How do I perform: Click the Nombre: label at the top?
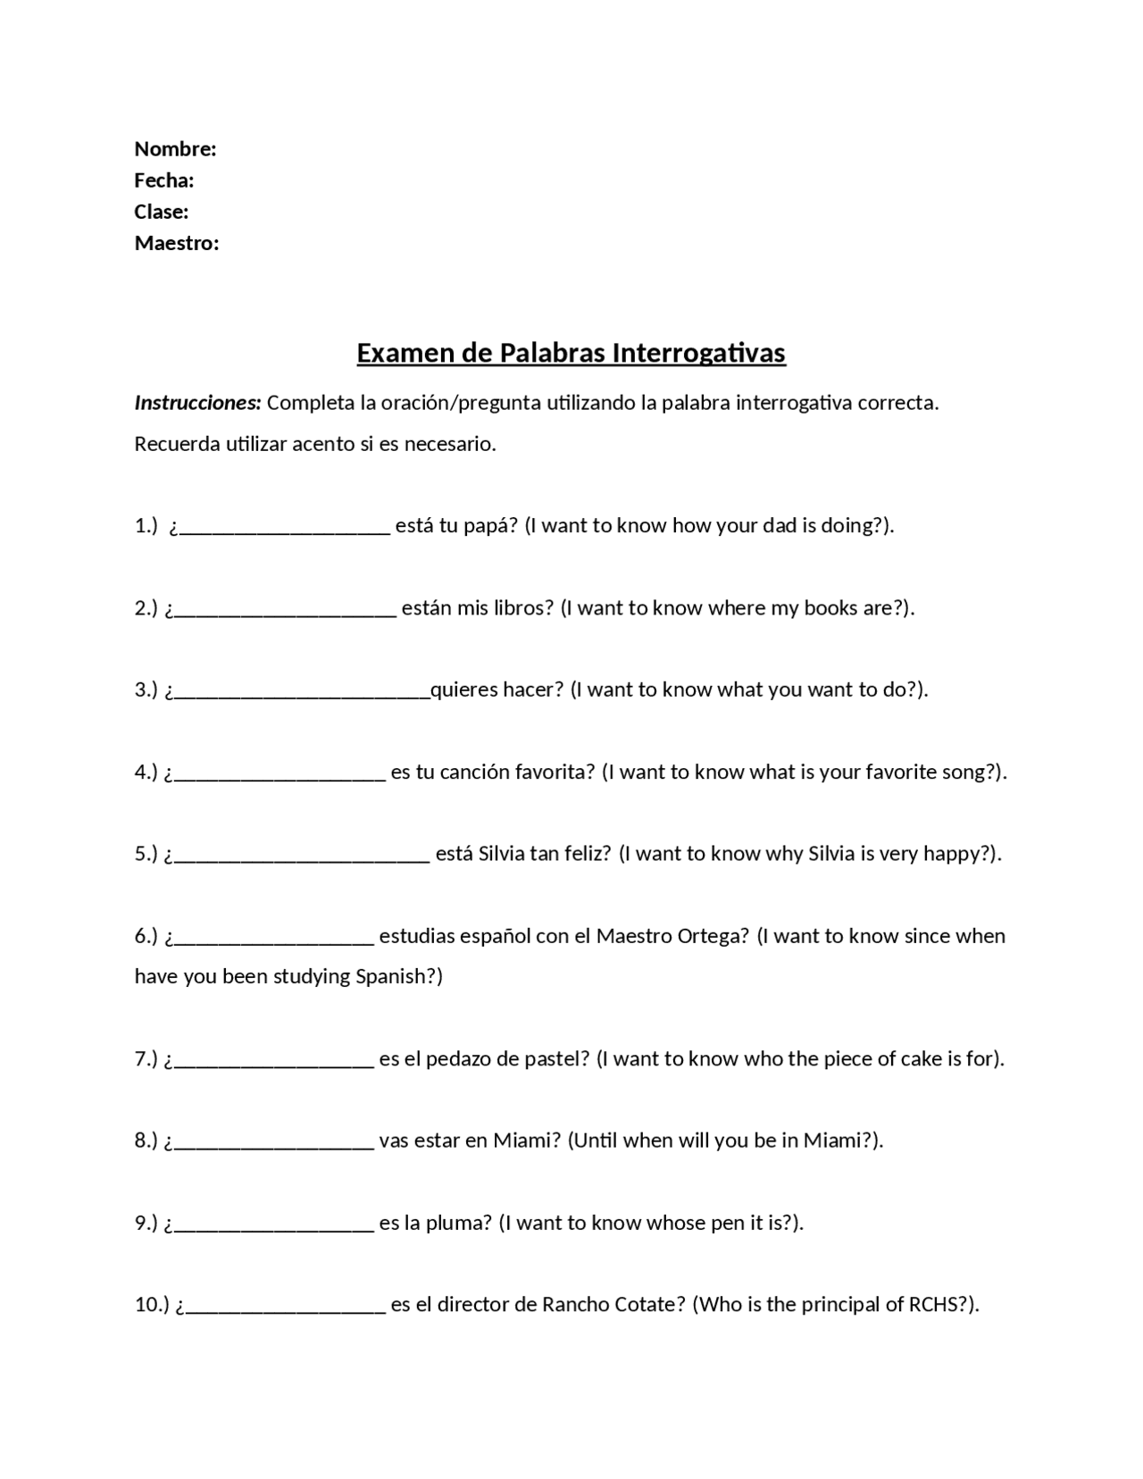[175, 148]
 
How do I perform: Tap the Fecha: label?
[164, 180]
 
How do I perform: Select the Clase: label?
[162, 212]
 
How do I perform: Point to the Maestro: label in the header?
[177, 243]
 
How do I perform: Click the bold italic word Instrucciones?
[197, 403]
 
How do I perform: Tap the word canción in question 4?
[473, 772]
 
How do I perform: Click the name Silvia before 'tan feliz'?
[501, 854]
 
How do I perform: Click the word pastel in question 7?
[556, 1059]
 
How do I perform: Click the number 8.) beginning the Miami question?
[146, 1141]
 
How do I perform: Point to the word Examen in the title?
[405, 353]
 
